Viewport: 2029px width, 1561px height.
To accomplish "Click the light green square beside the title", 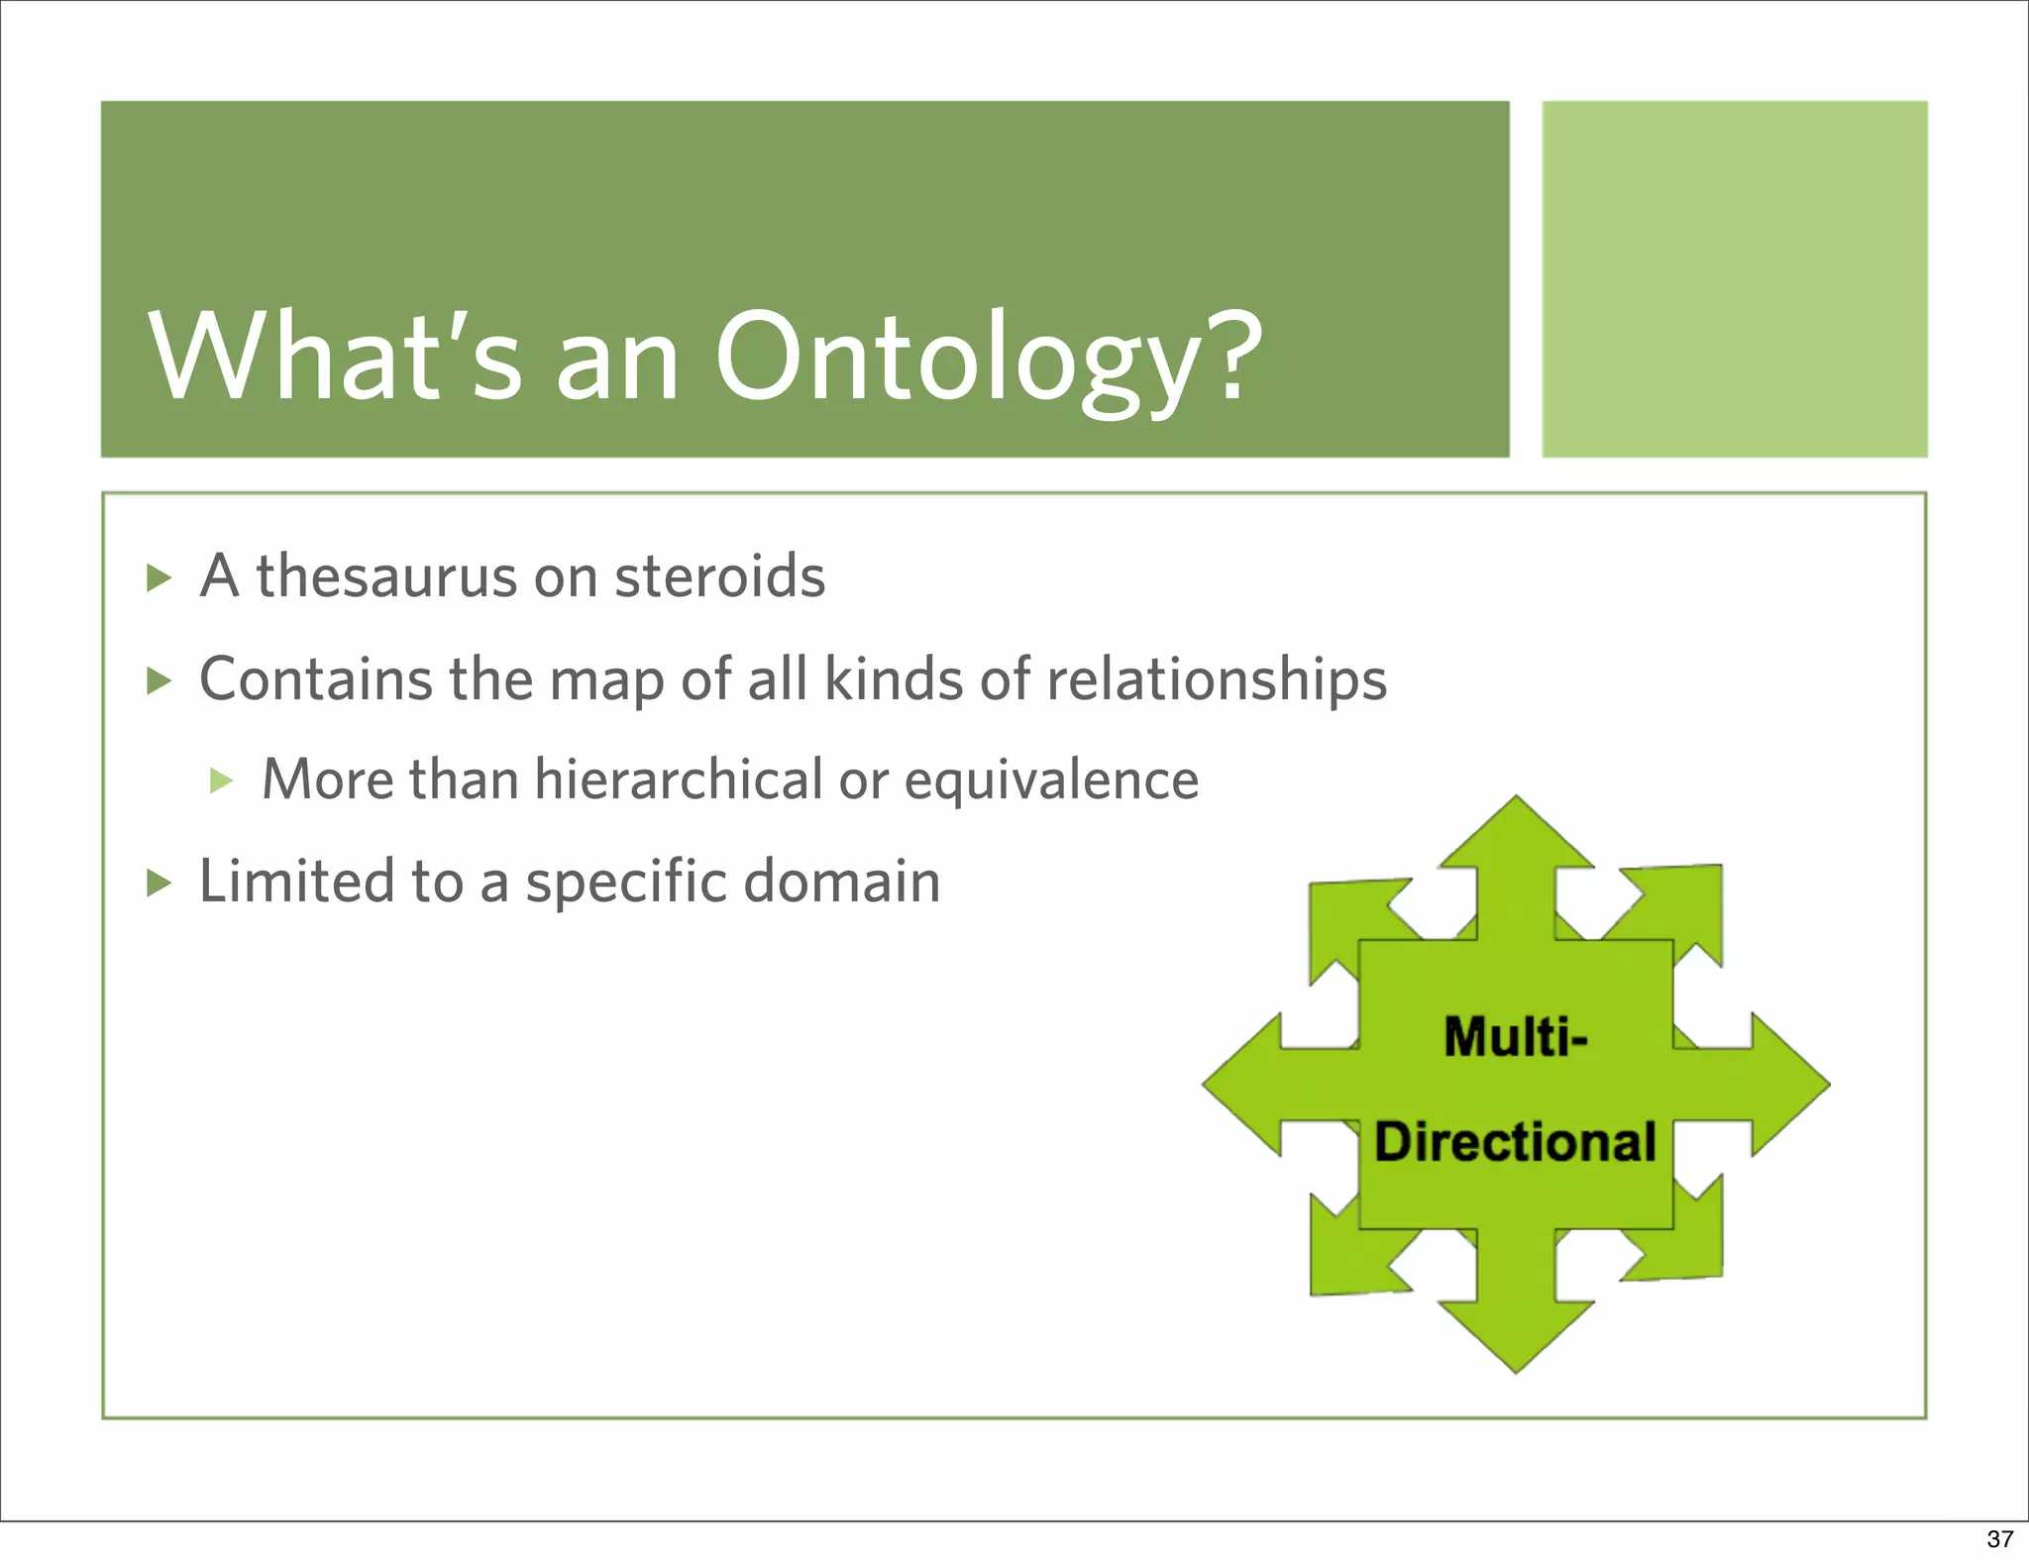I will coord(1734,278).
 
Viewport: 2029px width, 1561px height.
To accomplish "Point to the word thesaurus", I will coord(387,576).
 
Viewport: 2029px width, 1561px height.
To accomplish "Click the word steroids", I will coord(719,576).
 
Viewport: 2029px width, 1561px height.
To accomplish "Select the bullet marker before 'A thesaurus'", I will coord(160,577).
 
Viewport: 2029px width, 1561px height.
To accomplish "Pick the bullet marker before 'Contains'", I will coord(160,680).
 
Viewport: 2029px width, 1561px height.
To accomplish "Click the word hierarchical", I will coord(679,780).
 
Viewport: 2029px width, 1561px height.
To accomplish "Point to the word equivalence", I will coord(1051,781).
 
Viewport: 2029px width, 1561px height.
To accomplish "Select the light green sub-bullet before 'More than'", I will coord(222,780).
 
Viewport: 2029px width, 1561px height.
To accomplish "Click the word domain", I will coord(842,881).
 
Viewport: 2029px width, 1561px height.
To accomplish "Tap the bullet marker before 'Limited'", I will coord(160,882).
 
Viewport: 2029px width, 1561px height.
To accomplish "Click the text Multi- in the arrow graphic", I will coord(1515,1037).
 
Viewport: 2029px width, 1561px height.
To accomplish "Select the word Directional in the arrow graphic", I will coord(1515,1142).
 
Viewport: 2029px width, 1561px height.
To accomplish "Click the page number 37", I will coord(1999,1539).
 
